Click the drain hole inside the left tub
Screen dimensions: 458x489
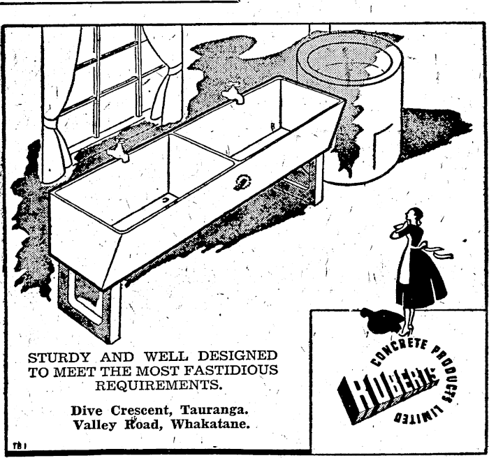pyautogui.click(x=165, y=200)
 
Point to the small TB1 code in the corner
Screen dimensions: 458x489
pyautogui.click(x=18, y=444)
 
